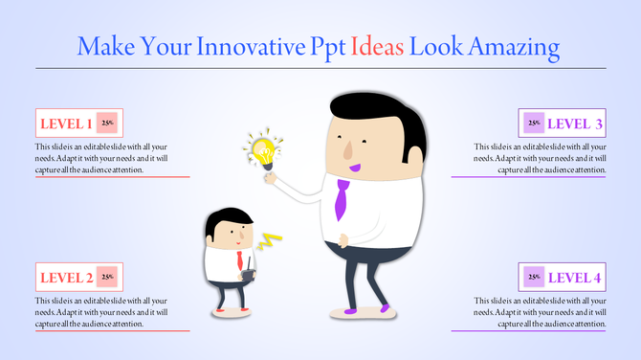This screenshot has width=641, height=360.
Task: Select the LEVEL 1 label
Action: coord(65,124)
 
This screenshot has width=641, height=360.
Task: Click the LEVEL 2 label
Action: coord(65,279)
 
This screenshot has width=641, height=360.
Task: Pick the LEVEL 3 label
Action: coord(575,124)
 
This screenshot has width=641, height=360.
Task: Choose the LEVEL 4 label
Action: coord(575,279)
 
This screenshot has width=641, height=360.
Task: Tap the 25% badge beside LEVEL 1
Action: coord(108,124)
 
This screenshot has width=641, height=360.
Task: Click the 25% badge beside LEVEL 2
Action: coord(108,278)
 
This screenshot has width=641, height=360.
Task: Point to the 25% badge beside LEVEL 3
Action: coord(533,123)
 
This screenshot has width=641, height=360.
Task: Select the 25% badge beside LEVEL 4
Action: coord(533,278)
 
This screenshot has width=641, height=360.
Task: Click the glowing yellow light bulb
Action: coord(263,150)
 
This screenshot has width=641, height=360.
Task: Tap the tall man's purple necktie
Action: coord(342,199)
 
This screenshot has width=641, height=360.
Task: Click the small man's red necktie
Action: coord(239,260)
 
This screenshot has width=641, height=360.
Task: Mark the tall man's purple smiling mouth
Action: coord(355,168)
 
